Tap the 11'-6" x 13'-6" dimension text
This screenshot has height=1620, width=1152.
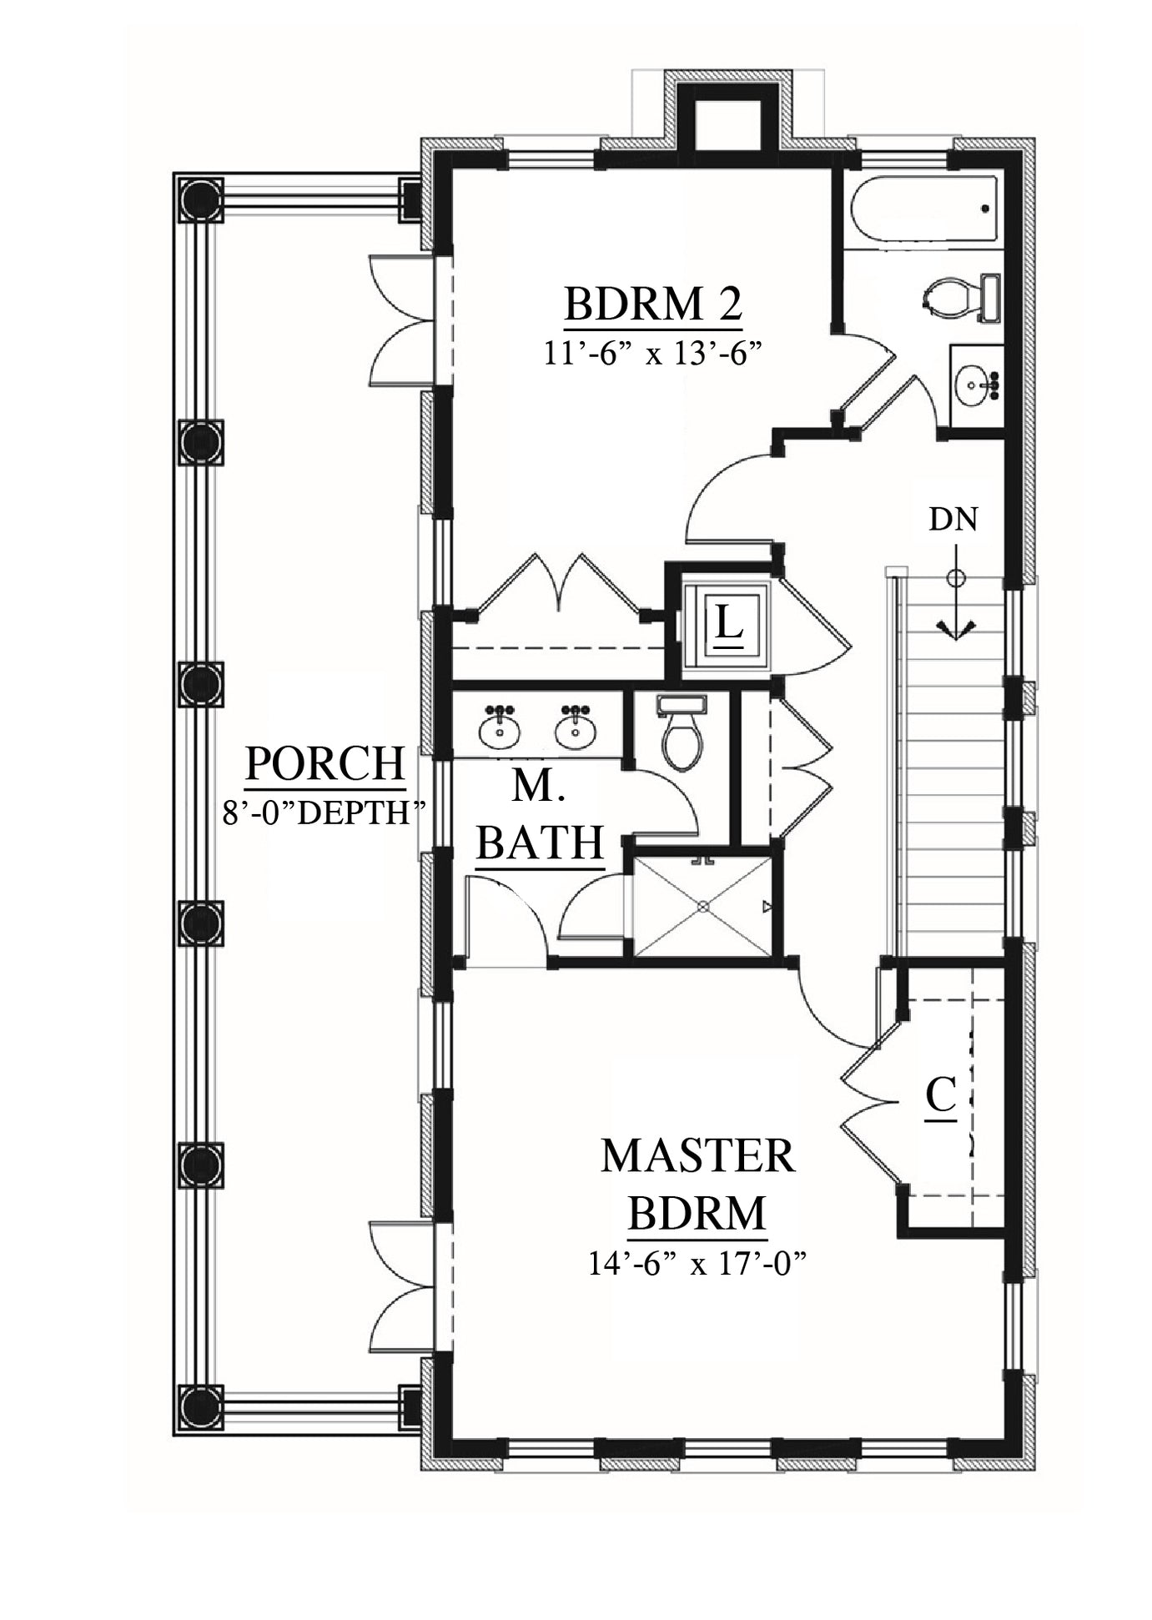click(654, 354)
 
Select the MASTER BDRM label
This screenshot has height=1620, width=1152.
click(697, 1184)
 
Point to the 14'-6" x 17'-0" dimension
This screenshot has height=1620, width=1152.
click(698, 1264)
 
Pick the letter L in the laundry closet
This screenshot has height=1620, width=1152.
click(729, 622)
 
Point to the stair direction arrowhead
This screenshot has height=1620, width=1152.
click(956, 629)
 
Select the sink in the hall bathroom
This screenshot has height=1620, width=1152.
click(975, 385)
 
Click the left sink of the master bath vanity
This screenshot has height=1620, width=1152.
click(501, 728)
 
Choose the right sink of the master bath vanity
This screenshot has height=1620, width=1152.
click(576, 728)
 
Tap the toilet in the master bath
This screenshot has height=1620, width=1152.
click(682, 732)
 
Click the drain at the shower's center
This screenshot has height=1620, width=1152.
click(703, 905)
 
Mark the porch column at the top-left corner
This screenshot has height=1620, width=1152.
click(201, 199)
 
